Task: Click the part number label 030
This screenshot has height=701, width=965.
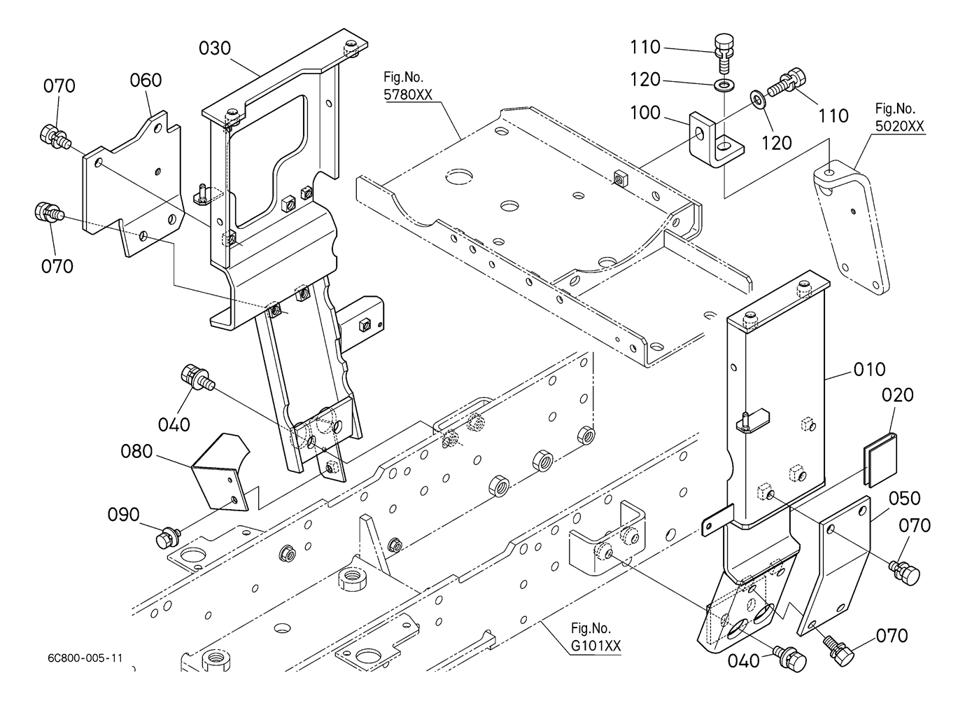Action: tap(215, 48)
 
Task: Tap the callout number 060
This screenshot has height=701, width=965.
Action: tap(146, 81)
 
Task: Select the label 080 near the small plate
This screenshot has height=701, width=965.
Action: tap(136, 452)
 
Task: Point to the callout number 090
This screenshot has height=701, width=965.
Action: tap(123, 515)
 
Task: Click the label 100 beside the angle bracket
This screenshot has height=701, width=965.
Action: tap(645, 112)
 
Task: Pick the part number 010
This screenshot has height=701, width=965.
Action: tap(870, 369)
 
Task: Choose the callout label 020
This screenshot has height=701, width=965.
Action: tap(898, 395)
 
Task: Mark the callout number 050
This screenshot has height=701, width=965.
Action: tap(905, 499)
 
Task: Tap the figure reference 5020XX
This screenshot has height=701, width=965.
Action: tap(900, 127)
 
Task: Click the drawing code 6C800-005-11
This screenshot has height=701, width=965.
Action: tap(86, 658)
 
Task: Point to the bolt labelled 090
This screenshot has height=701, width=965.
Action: tap(167, 539)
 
